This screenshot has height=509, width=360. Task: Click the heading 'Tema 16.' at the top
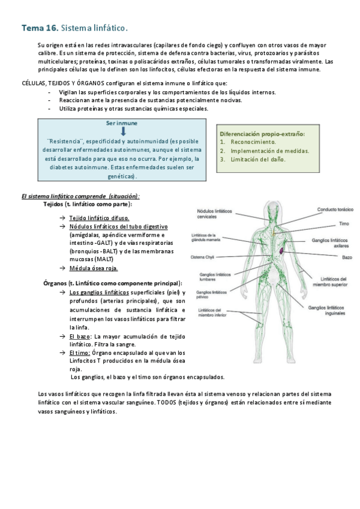pyautogui.click(x=40, y=28)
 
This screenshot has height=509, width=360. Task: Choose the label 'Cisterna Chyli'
pyautogui.click(x=202, y=257)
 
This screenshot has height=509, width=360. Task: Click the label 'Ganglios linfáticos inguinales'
pyautogui.click(x=328, y=310)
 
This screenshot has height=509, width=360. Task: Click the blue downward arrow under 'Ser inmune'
pyautogui.click(x=122, y=130)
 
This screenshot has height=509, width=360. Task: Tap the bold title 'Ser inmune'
pyautogui.click(x=122, y=122)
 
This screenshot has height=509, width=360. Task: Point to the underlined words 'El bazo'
pyautogui.click(x=80, y=336)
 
